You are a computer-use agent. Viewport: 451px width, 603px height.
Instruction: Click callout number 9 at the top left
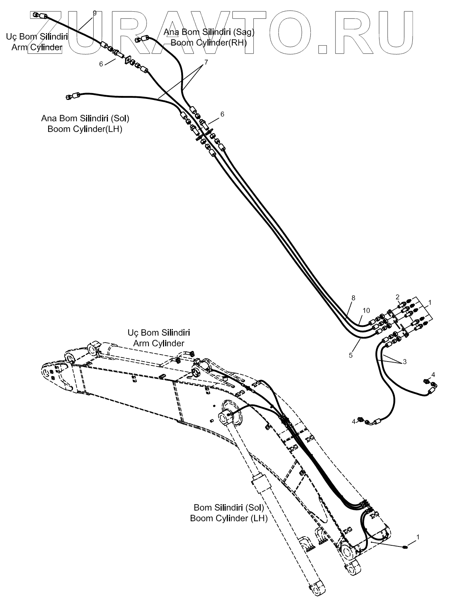[94, 13]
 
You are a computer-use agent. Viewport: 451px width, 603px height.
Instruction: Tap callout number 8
[353, 298]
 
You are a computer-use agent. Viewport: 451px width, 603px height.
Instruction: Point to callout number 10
[366, 310]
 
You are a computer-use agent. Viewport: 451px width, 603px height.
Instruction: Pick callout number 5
[351, 355]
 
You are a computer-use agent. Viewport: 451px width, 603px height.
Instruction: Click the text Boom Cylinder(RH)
[209, 43]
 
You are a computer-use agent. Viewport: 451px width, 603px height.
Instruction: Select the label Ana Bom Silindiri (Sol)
[85, 118]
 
